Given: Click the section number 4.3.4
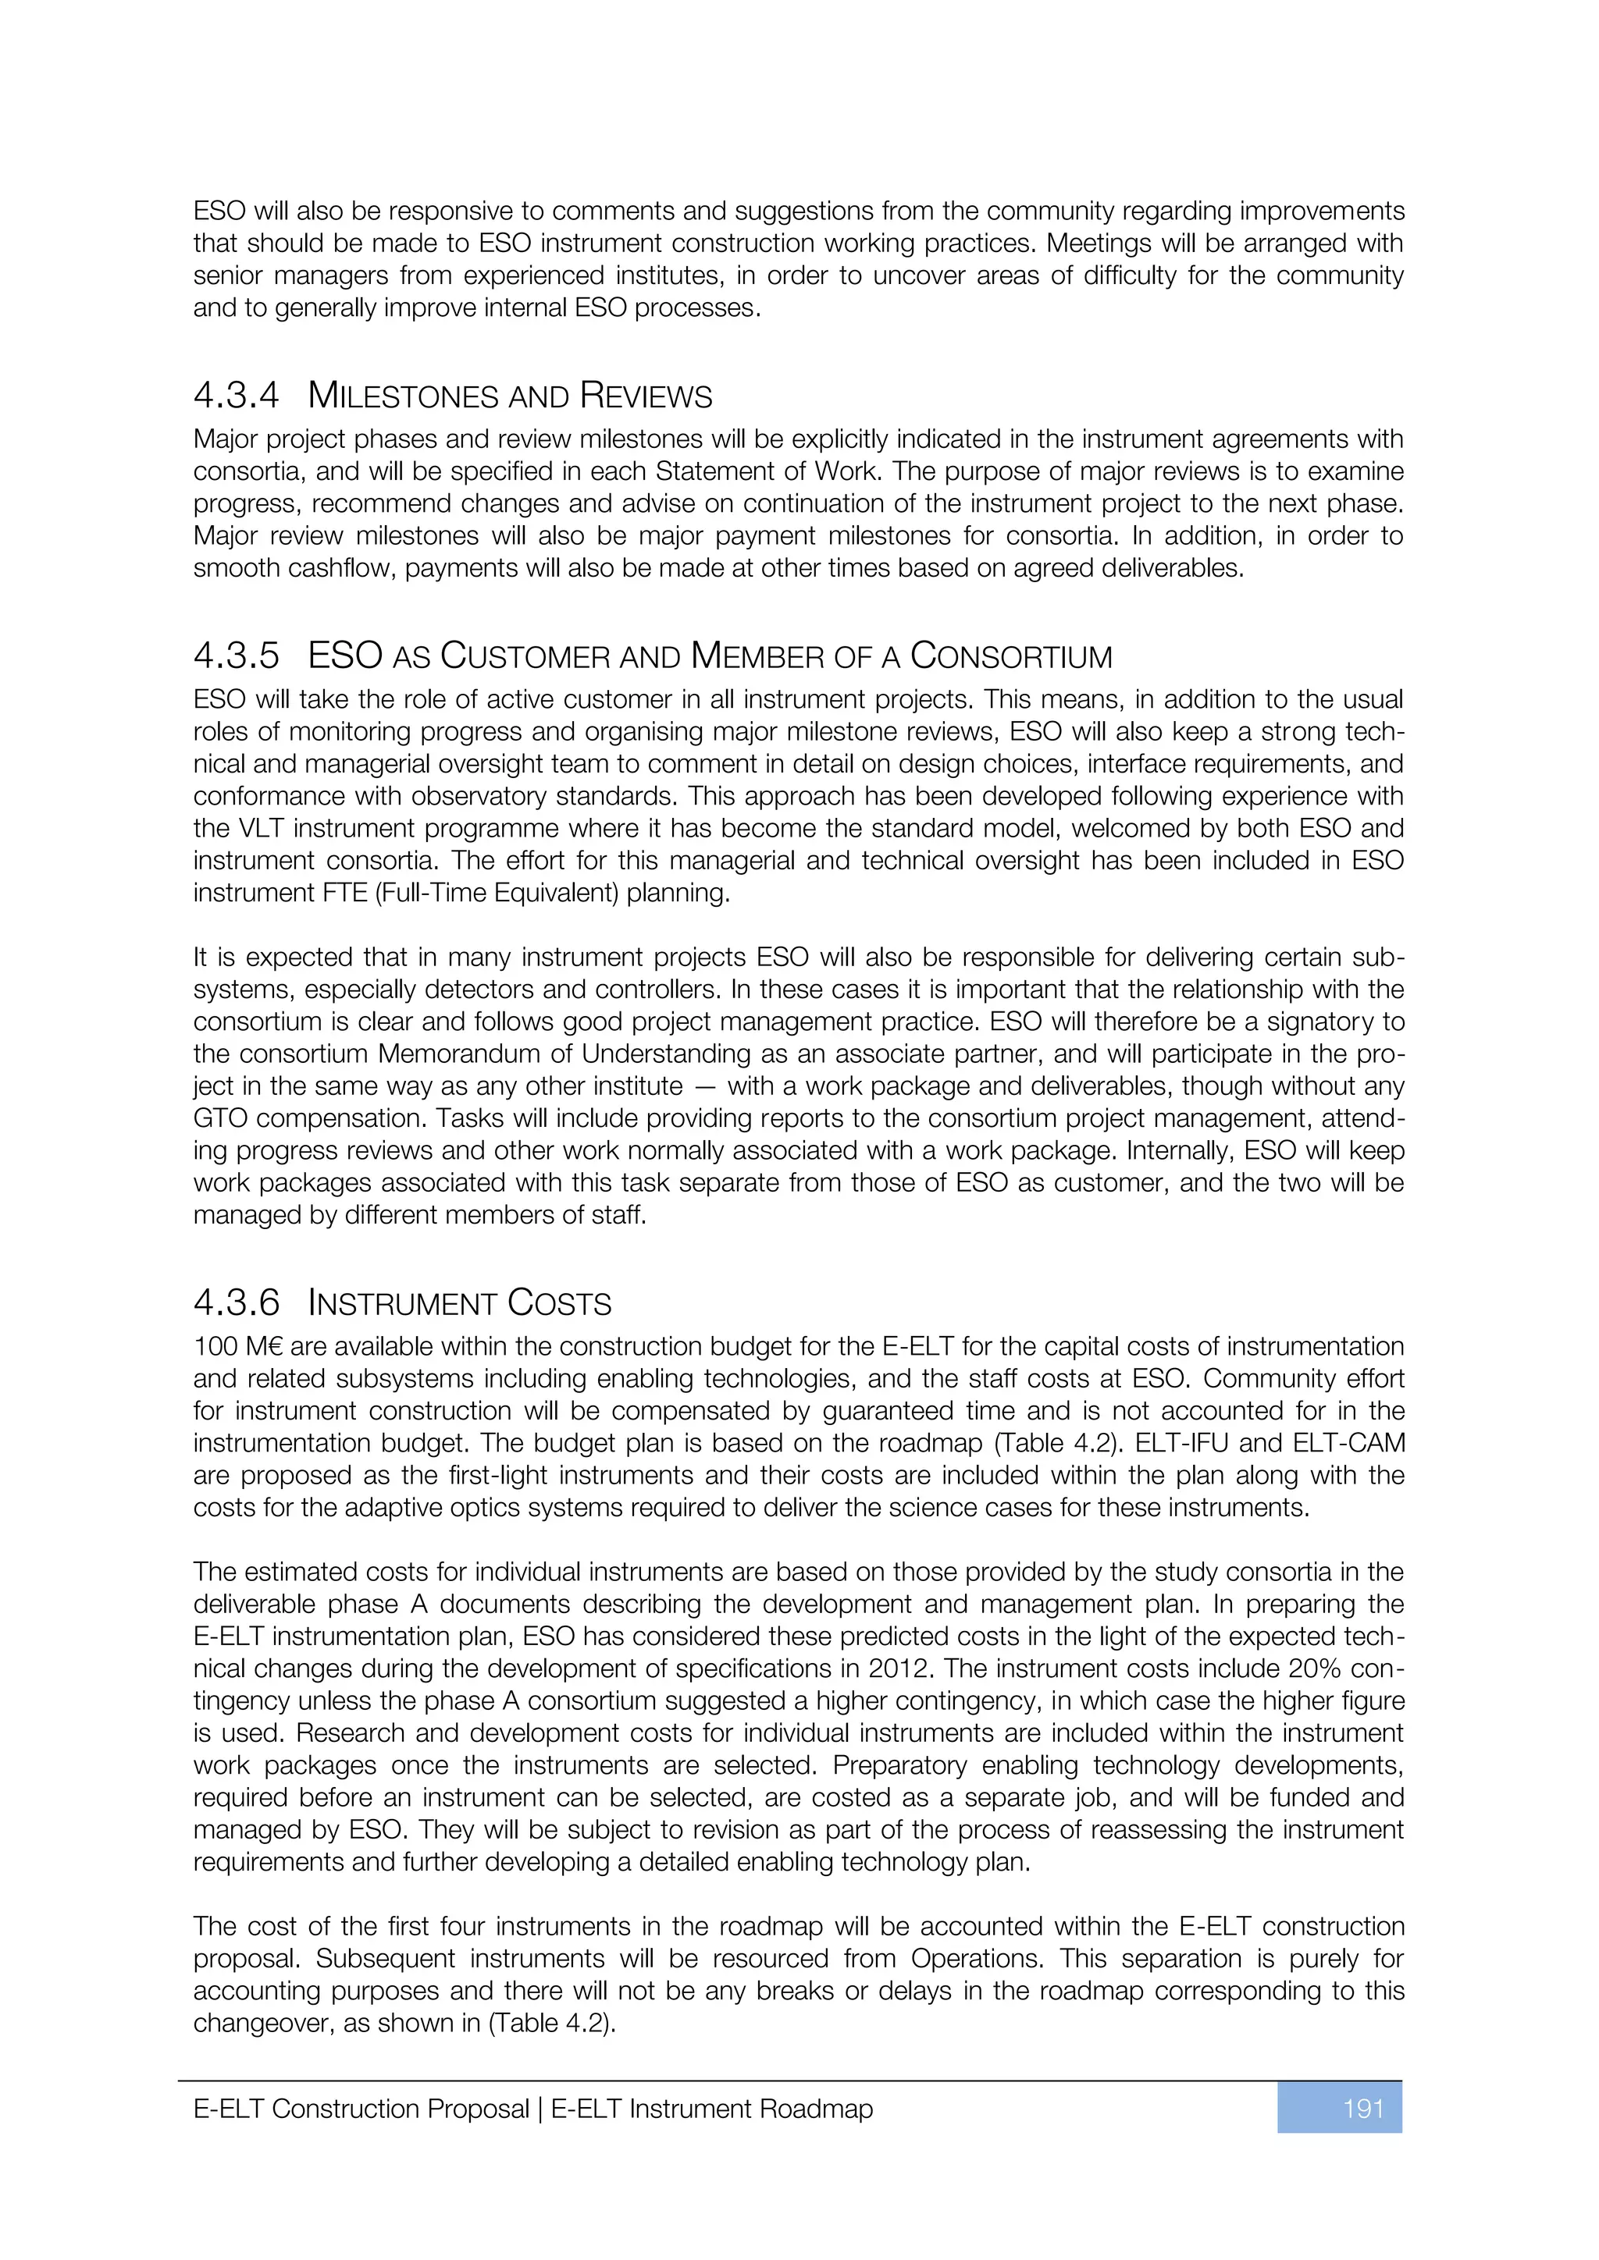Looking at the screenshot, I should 237,396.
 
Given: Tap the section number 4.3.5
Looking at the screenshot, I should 237,656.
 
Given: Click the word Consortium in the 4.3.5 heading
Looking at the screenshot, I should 1011,656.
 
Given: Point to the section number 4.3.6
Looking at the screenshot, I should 237,1302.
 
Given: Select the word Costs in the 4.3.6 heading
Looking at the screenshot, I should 559,1302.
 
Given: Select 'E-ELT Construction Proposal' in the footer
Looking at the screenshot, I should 361,2109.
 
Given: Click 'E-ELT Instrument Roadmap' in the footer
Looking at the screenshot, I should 712,2109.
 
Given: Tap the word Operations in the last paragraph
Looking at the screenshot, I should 974,1958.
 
